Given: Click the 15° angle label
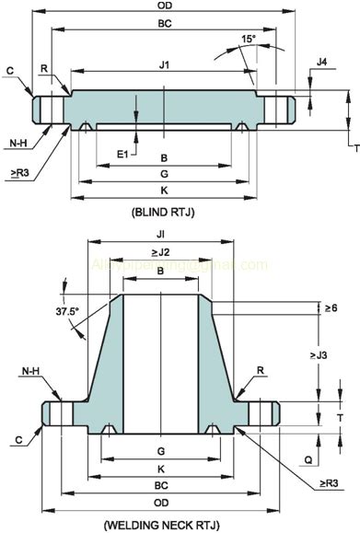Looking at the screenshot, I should click(250, 39).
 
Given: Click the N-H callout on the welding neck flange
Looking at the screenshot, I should click(30, 372).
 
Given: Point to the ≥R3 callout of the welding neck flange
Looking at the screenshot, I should click(330, 482).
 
